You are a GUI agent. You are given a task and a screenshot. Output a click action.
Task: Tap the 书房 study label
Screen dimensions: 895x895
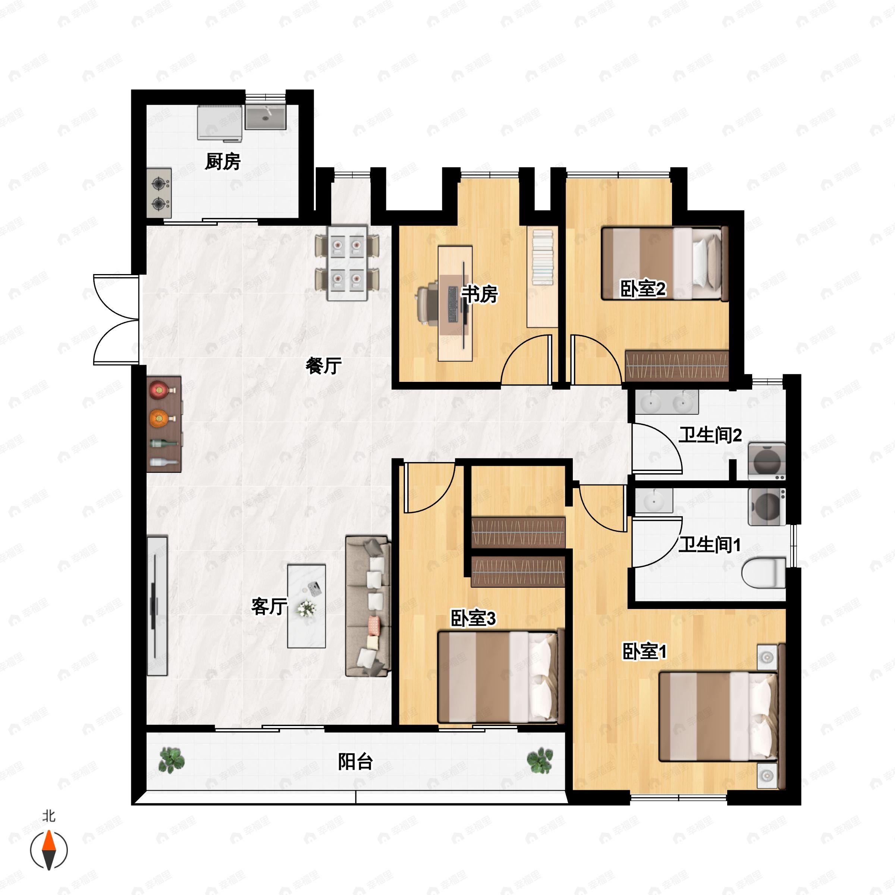(480, 294)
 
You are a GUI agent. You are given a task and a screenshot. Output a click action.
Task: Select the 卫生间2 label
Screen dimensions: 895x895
(710, 435)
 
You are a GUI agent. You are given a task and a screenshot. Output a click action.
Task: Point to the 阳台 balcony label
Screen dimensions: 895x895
(355, 762)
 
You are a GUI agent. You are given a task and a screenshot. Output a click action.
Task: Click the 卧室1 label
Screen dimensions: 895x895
(644, 651)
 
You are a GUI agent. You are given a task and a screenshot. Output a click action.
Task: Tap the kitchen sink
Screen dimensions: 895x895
(266, 117)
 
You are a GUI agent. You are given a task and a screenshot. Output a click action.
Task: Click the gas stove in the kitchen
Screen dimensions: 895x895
(159, 193)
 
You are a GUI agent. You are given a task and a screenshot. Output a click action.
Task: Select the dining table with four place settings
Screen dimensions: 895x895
(347, 263)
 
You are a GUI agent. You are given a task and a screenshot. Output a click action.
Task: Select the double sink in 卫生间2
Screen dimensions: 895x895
(667, 402)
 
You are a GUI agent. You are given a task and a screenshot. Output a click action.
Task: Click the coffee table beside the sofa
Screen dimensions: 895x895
(306, 606)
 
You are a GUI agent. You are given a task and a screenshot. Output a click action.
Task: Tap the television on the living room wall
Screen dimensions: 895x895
(156, 606)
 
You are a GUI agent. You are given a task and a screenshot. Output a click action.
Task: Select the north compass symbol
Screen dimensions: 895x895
(48, 850)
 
